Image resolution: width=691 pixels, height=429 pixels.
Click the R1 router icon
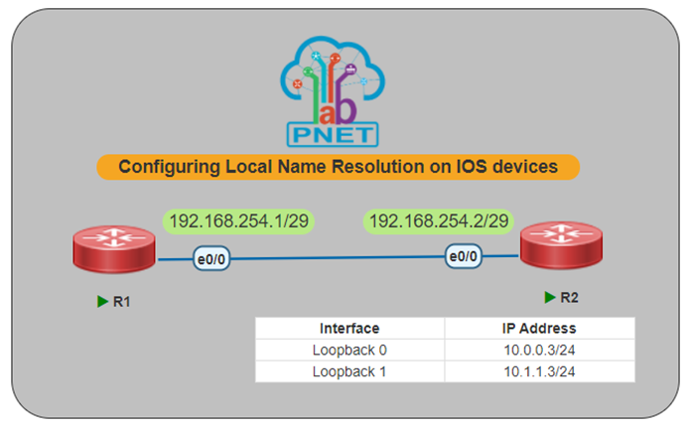113,249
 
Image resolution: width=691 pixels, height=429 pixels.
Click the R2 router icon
563,244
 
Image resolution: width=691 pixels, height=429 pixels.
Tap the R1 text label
122,302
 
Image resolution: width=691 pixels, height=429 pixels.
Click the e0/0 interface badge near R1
211,260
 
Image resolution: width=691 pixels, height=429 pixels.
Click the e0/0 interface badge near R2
465,256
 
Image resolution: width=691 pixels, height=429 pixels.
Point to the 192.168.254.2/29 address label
439,220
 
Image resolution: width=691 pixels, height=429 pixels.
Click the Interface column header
349,328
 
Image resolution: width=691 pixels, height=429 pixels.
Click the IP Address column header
539,328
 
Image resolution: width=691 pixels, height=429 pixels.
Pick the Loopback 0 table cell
349,350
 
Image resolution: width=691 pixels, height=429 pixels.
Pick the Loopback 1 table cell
349,371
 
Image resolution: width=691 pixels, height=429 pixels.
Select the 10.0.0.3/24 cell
539,350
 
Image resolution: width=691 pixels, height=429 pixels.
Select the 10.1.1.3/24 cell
539,371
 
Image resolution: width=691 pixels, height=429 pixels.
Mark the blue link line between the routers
338,259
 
